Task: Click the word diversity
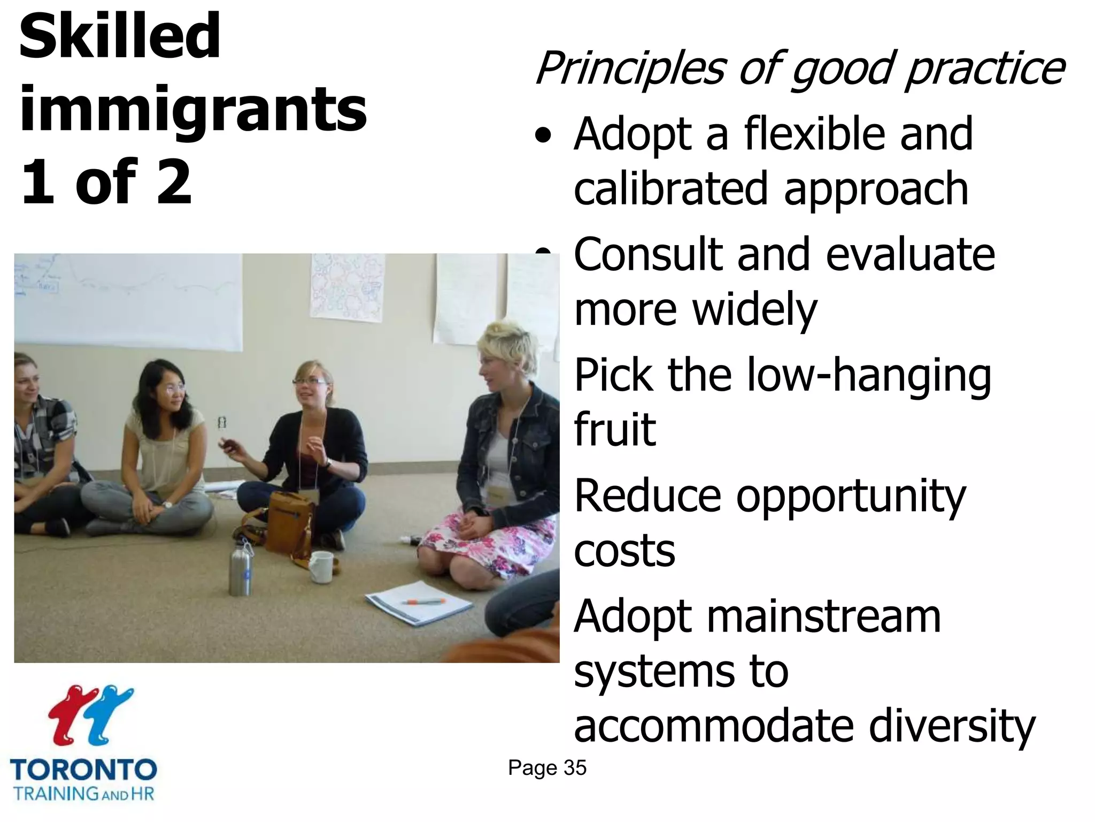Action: [952, 727]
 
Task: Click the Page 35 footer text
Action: [547, 768]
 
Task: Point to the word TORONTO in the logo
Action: [83, 771]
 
